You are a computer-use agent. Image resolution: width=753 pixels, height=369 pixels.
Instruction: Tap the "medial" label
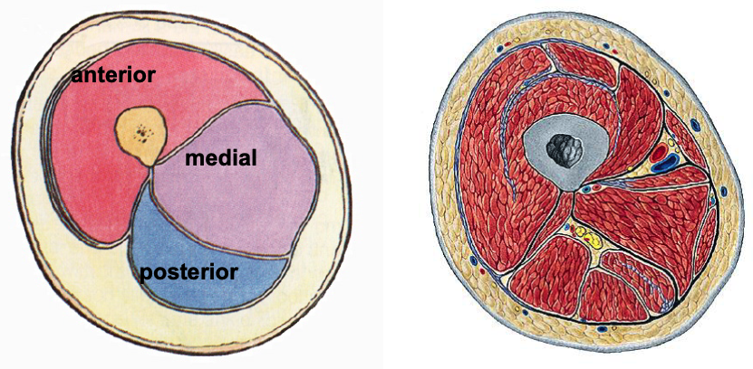point(221,159)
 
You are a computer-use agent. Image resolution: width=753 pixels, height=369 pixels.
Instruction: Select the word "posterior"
point(189,270)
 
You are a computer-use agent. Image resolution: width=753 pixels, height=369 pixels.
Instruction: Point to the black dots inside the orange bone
point(140,135)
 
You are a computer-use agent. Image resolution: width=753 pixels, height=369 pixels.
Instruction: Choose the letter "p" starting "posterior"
point(144,272)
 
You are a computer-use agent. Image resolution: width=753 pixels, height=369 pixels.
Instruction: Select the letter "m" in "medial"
point(193,159)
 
